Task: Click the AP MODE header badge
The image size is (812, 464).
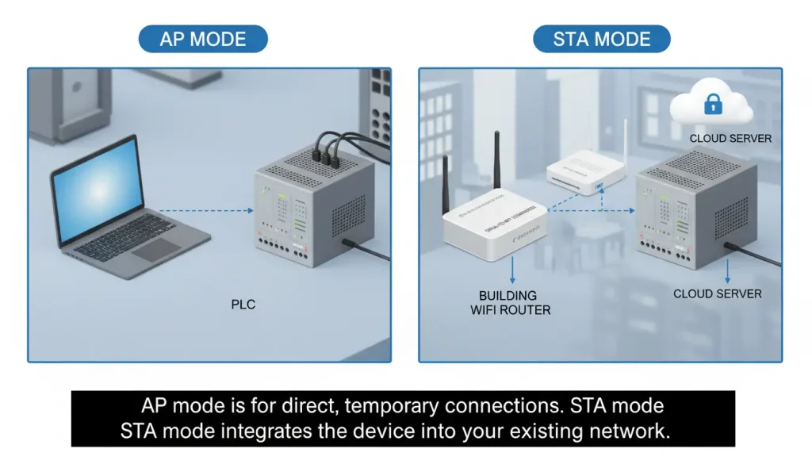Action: point(203,39)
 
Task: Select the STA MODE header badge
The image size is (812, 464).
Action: point(601,39)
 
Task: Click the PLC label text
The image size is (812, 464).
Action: point(243,304)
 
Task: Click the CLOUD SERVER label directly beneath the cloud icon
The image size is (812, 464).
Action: point(730,138)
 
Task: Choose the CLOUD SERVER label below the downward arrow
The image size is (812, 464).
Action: point(717,293)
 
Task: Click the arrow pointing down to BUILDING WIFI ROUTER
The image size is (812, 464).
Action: point(513,270)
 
